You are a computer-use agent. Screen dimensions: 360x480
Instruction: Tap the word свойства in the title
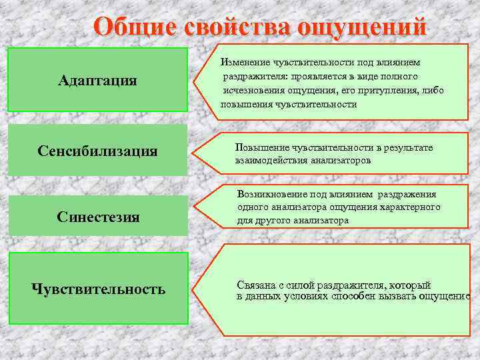tap(231, 28)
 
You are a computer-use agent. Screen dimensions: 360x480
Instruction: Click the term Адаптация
tap(97, 81)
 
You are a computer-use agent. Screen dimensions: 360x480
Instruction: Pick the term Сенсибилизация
tap(97, 151)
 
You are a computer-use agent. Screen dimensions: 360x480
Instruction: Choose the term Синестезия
tap(98, 217)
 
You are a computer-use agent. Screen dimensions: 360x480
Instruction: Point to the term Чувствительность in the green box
tap(98, 289)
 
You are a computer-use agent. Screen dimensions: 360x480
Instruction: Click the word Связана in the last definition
tap(255, 285)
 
